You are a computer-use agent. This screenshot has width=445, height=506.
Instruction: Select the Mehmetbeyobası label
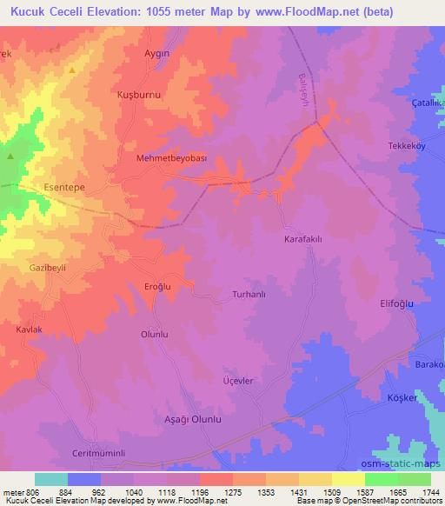[x=172, y=158]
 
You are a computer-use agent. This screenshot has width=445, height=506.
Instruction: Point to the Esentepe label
[x=65, y=186]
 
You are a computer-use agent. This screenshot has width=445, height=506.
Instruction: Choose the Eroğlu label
[x=136, y=286]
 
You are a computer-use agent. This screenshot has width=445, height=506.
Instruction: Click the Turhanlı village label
[x=252, y=295]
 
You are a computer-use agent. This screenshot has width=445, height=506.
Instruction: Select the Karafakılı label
[x=305, y=237]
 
